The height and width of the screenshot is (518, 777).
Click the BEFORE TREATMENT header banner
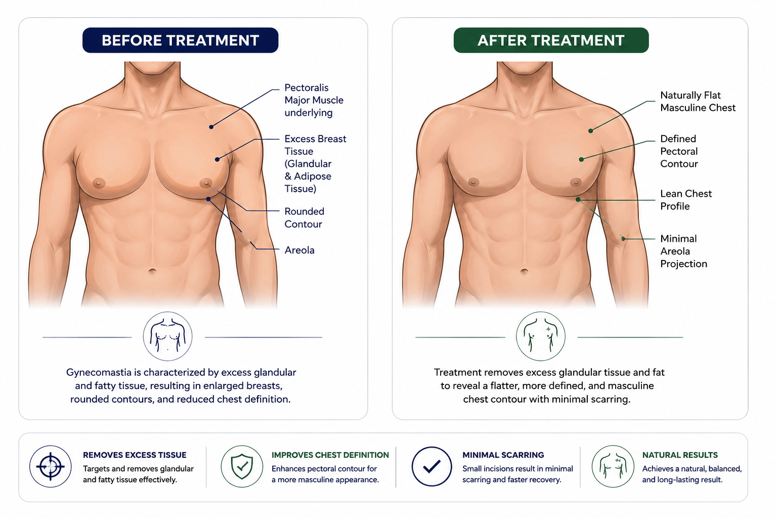[181, 40]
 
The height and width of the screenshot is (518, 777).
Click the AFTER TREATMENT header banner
[551, 40]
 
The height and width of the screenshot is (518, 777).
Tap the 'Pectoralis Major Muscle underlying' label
[314, 100]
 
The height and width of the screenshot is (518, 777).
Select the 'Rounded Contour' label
[305, 218]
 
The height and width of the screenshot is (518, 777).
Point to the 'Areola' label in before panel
[299, 250]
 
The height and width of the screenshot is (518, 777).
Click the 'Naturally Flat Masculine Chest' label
[698, 101]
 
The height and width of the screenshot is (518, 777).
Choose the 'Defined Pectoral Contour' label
[679, 151]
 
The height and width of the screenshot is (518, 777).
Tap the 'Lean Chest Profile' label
[686, 200]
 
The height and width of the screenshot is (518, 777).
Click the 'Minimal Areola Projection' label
[683, 251]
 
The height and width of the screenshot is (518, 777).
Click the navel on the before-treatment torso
[152, 271]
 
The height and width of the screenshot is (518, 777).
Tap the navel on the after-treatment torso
[524, 271]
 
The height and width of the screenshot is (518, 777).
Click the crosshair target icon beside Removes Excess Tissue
[50, 466]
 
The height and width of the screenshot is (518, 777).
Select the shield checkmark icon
[242, 466]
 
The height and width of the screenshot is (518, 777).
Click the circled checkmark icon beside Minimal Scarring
[431, 466]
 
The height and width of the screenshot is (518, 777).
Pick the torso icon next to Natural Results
[613, 466]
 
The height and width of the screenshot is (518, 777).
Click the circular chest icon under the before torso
[167, 336]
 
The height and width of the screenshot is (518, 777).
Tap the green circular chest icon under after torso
[540, 336]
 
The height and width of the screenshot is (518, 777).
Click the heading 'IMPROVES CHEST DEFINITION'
[330, 455]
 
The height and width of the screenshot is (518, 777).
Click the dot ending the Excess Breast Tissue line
[217, 159]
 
